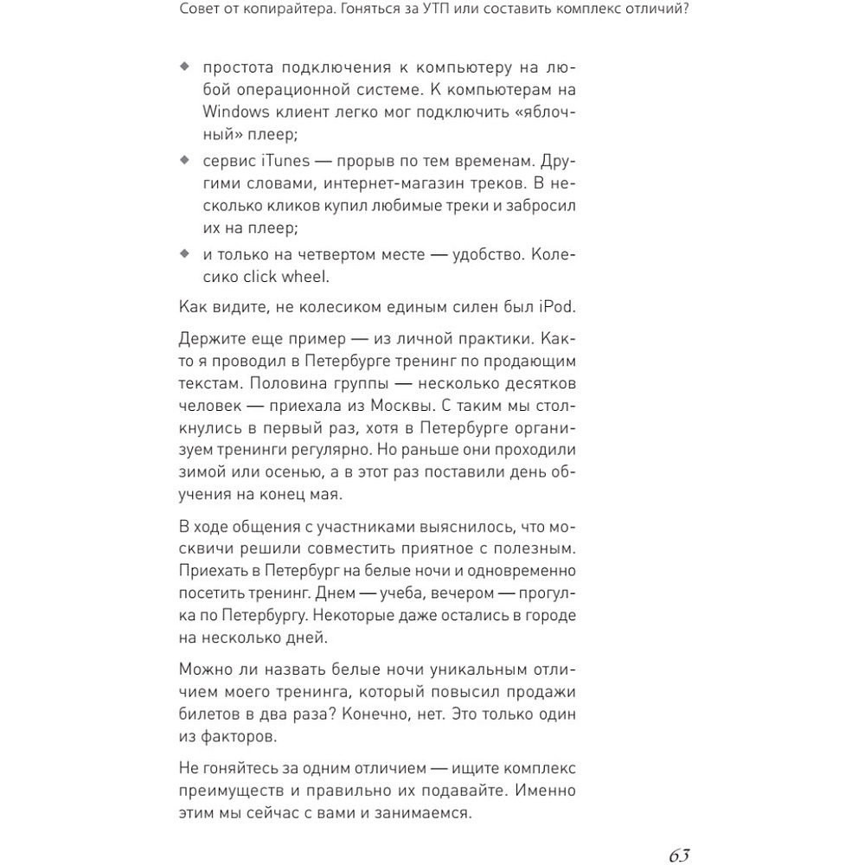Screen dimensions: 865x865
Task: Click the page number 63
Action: [x=678, y=855]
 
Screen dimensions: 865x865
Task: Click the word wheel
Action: [x=304, y=277]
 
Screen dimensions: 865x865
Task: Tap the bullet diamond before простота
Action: [x=183, y=67]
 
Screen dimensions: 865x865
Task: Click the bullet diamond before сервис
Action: [x=183, y=161]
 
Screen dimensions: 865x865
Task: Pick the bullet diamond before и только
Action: [x=183, y=254]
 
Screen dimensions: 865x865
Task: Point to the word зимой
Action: [x=202, y=473]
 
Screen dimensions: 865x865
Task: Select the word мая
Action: [x=326, y=496]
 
